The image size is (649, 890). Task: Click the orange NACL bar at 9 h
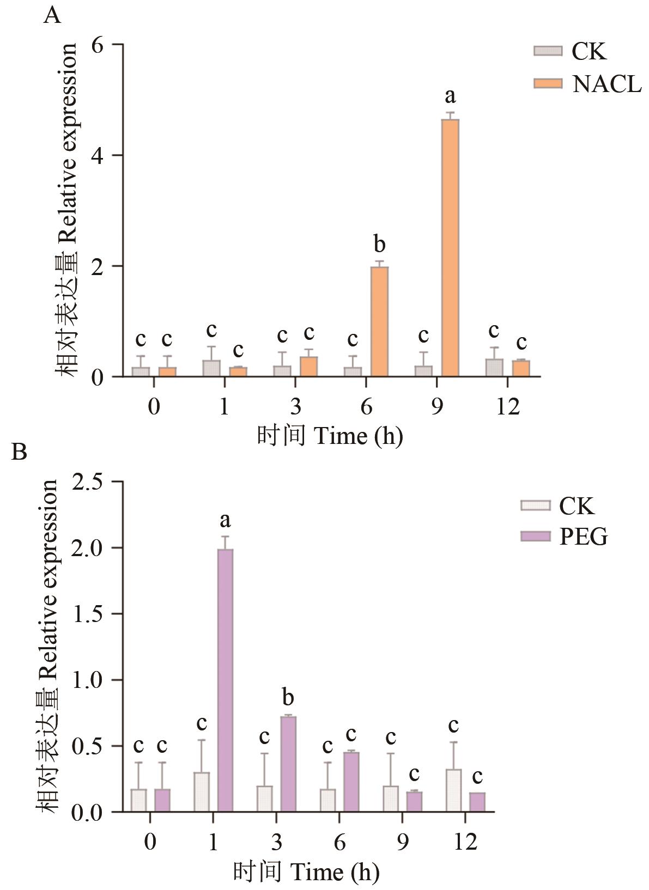(x=450, y=248)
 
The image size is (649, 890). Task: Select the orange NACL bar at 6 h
(x=379, y=321)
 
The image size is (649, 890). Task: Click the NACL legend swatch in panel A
(x=547, y=83)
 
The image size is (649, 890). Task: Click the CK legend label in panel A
(x=589, y=51)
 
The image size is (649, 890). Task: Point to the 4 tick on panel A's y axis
(x=98, y=155)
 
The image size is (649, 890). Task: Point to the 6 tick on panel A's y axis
(x=98, y=45)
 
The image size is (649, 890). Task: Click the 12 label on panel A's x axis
(x=507, y=406)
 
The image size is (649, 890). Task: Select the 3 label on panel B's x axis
(x=276, y=842)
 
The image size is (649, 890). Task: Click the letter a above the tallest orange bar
(x=450, y=96)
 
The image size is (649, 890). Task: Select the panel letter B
(x=19, y=452)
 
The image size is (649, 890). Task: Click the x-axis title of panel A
(x=330, y=436)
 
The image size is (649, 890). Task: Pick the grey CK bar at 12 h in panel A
(x=494, y=367)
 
